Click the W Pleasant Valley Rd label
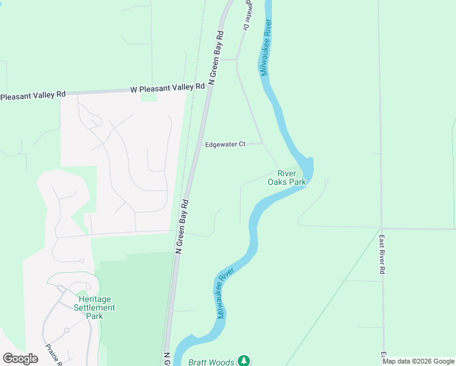click(x=167, y=88)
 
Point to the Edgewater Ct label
click(x=224, y=144)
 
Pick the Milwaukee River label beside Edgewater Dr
click(x=265, y=47)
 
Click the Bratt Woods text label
click(x=211, y=362)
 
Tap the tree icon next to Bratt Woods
click(x=244, y=361)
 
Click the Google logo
click(x=20, y=358)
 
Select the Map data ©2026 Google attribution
click(x=418, y=361)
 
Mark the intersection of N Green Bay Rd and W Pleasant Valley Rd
click(x=208, y=89)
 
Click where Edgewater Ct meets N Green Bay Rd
click(x=197, y=145)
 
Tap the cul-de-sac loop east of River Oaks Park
click(x=326, y=181)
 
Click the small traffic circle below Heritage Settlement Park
click(x=66, y=330)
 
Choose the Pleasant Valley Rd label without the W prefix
click(x=32, y=96)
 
